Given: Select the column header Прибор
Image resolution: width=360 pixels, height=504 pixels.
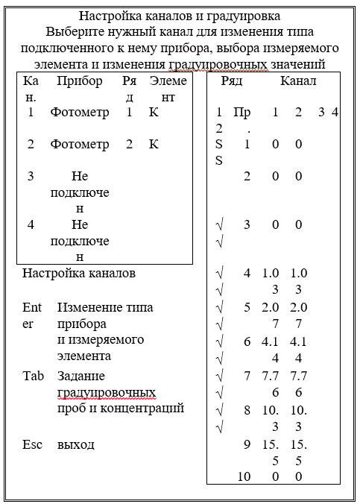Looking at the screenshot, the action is coord(80,81).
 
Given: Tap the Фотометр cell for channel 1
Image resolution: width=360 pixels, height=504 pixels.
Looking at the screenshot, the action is coord(80,113).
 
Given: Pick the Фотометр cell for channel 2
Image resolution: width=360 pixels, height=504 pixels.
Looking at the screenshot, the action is coord(80,144).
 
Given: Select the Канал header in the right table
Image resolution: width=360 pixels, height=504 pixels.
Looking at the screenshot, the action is coord(298,81).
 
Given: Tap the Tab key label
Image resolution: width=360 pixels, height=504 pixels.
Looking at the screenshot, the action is coord(32,375).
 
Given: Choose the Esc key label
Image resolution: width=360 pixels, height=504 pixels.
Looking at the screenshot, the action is coord(32,444).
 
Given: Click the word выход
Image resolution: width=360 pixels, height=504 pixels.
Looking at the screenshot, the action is coord(76,444).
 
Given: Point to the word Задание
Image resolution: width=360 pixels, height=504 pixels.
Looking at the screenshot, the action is coord(80,375).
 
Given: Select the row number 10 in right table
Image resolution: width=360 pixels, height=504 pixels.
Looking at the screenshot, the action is coord(244,476).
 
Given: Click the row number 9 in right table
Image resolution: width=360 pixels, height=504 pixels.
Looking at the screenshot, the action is coord(247,444).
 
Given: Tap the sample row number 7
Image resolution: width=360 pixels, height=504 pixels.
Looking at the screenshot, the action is coord(247,375).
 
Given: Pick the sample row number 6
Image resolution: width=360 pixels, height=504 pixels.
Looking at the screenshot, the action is coord(247,341).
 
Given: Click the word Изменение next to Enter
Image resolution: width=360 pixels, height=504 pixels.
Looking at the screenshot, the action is coord(92,307).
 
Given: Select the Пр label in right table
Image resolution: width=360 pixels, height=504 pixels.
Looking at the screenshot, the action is coord(242,113).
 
